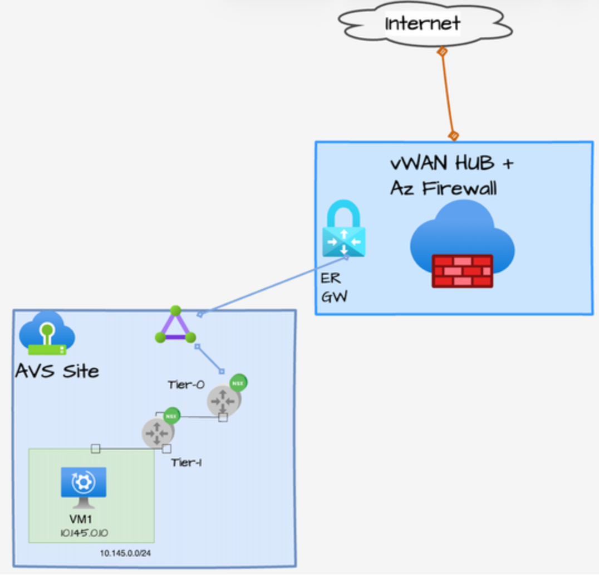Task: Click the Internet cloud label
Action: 423,23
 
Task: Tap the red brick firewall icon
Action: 462,271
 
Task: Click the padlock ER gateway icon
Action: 343,230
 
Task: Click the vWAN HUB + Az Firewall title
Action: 451,176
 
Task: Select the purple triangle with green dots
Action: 175,326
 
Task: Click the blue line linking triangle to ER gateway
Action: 273,285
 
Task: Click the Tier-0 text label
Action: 186,384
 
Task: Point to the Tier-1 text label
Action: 186,462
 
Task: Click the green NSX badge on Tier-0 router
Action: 238,383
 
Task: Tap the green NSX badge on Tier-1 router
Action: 171,415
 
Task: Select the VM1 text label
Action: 84,519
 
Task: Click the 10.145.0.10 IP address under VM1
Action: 84,533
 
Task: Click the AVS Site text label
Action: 57,371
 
